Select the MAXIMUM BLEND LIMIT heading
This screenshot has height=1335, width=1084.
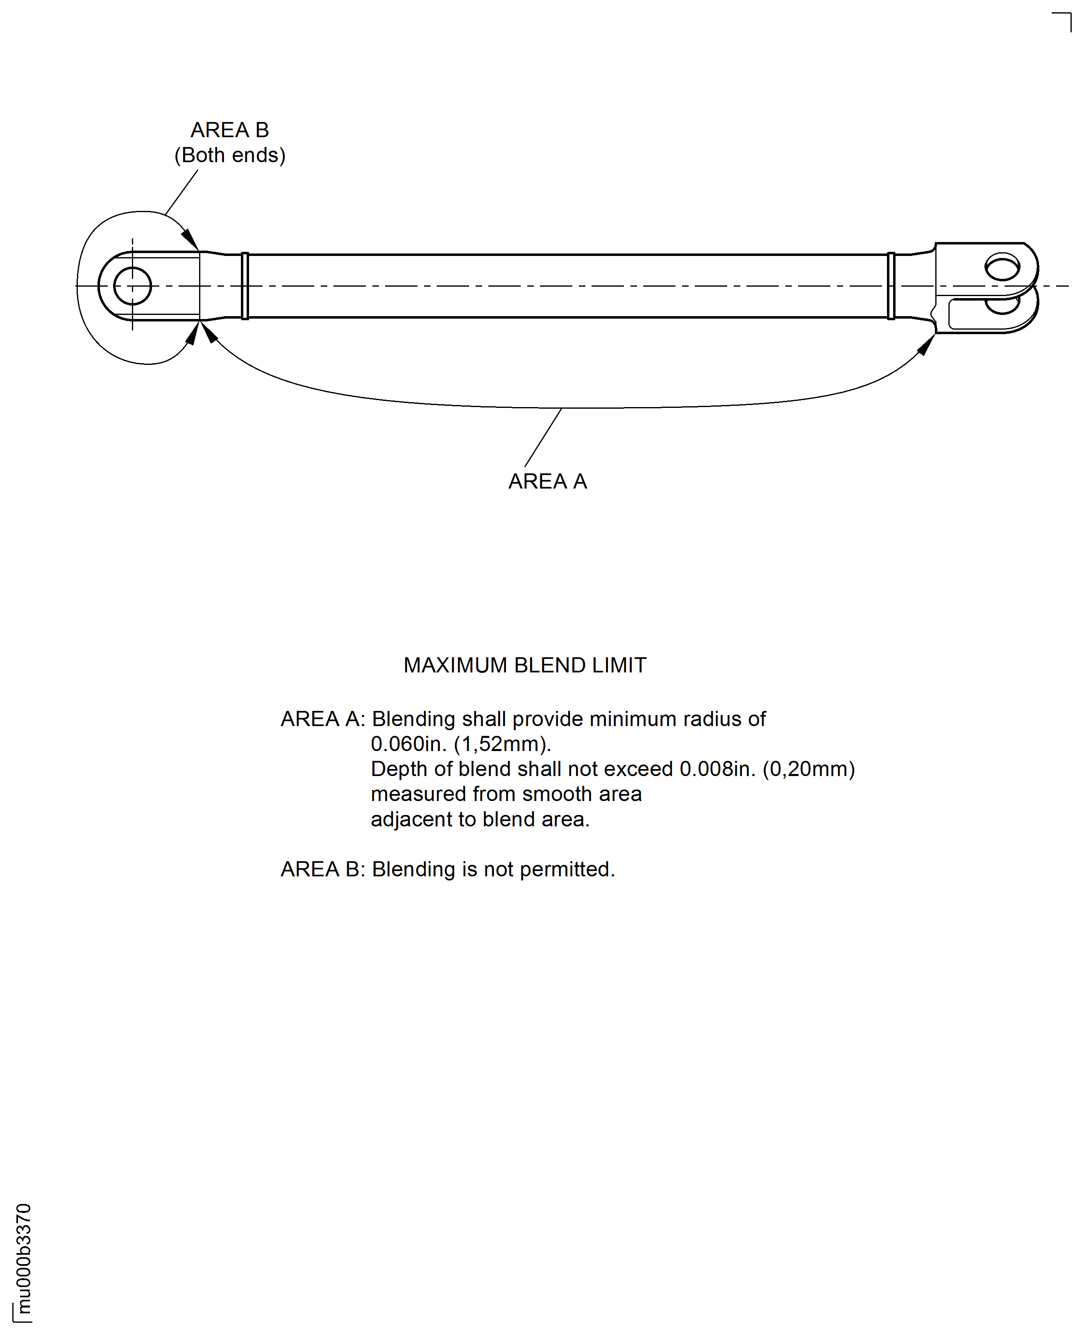[x=524, y=665]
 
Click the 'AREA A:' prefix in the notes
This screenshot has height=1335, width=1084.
[x=322, y=719]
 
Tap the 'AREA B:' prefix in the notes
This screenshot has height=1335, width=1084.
[x=322, y=869]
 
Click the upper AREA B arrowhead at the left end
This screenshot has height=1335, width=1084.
[x=190, y=239]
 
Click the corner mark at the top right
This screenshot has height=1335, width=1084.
[x=1064, y=20]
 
